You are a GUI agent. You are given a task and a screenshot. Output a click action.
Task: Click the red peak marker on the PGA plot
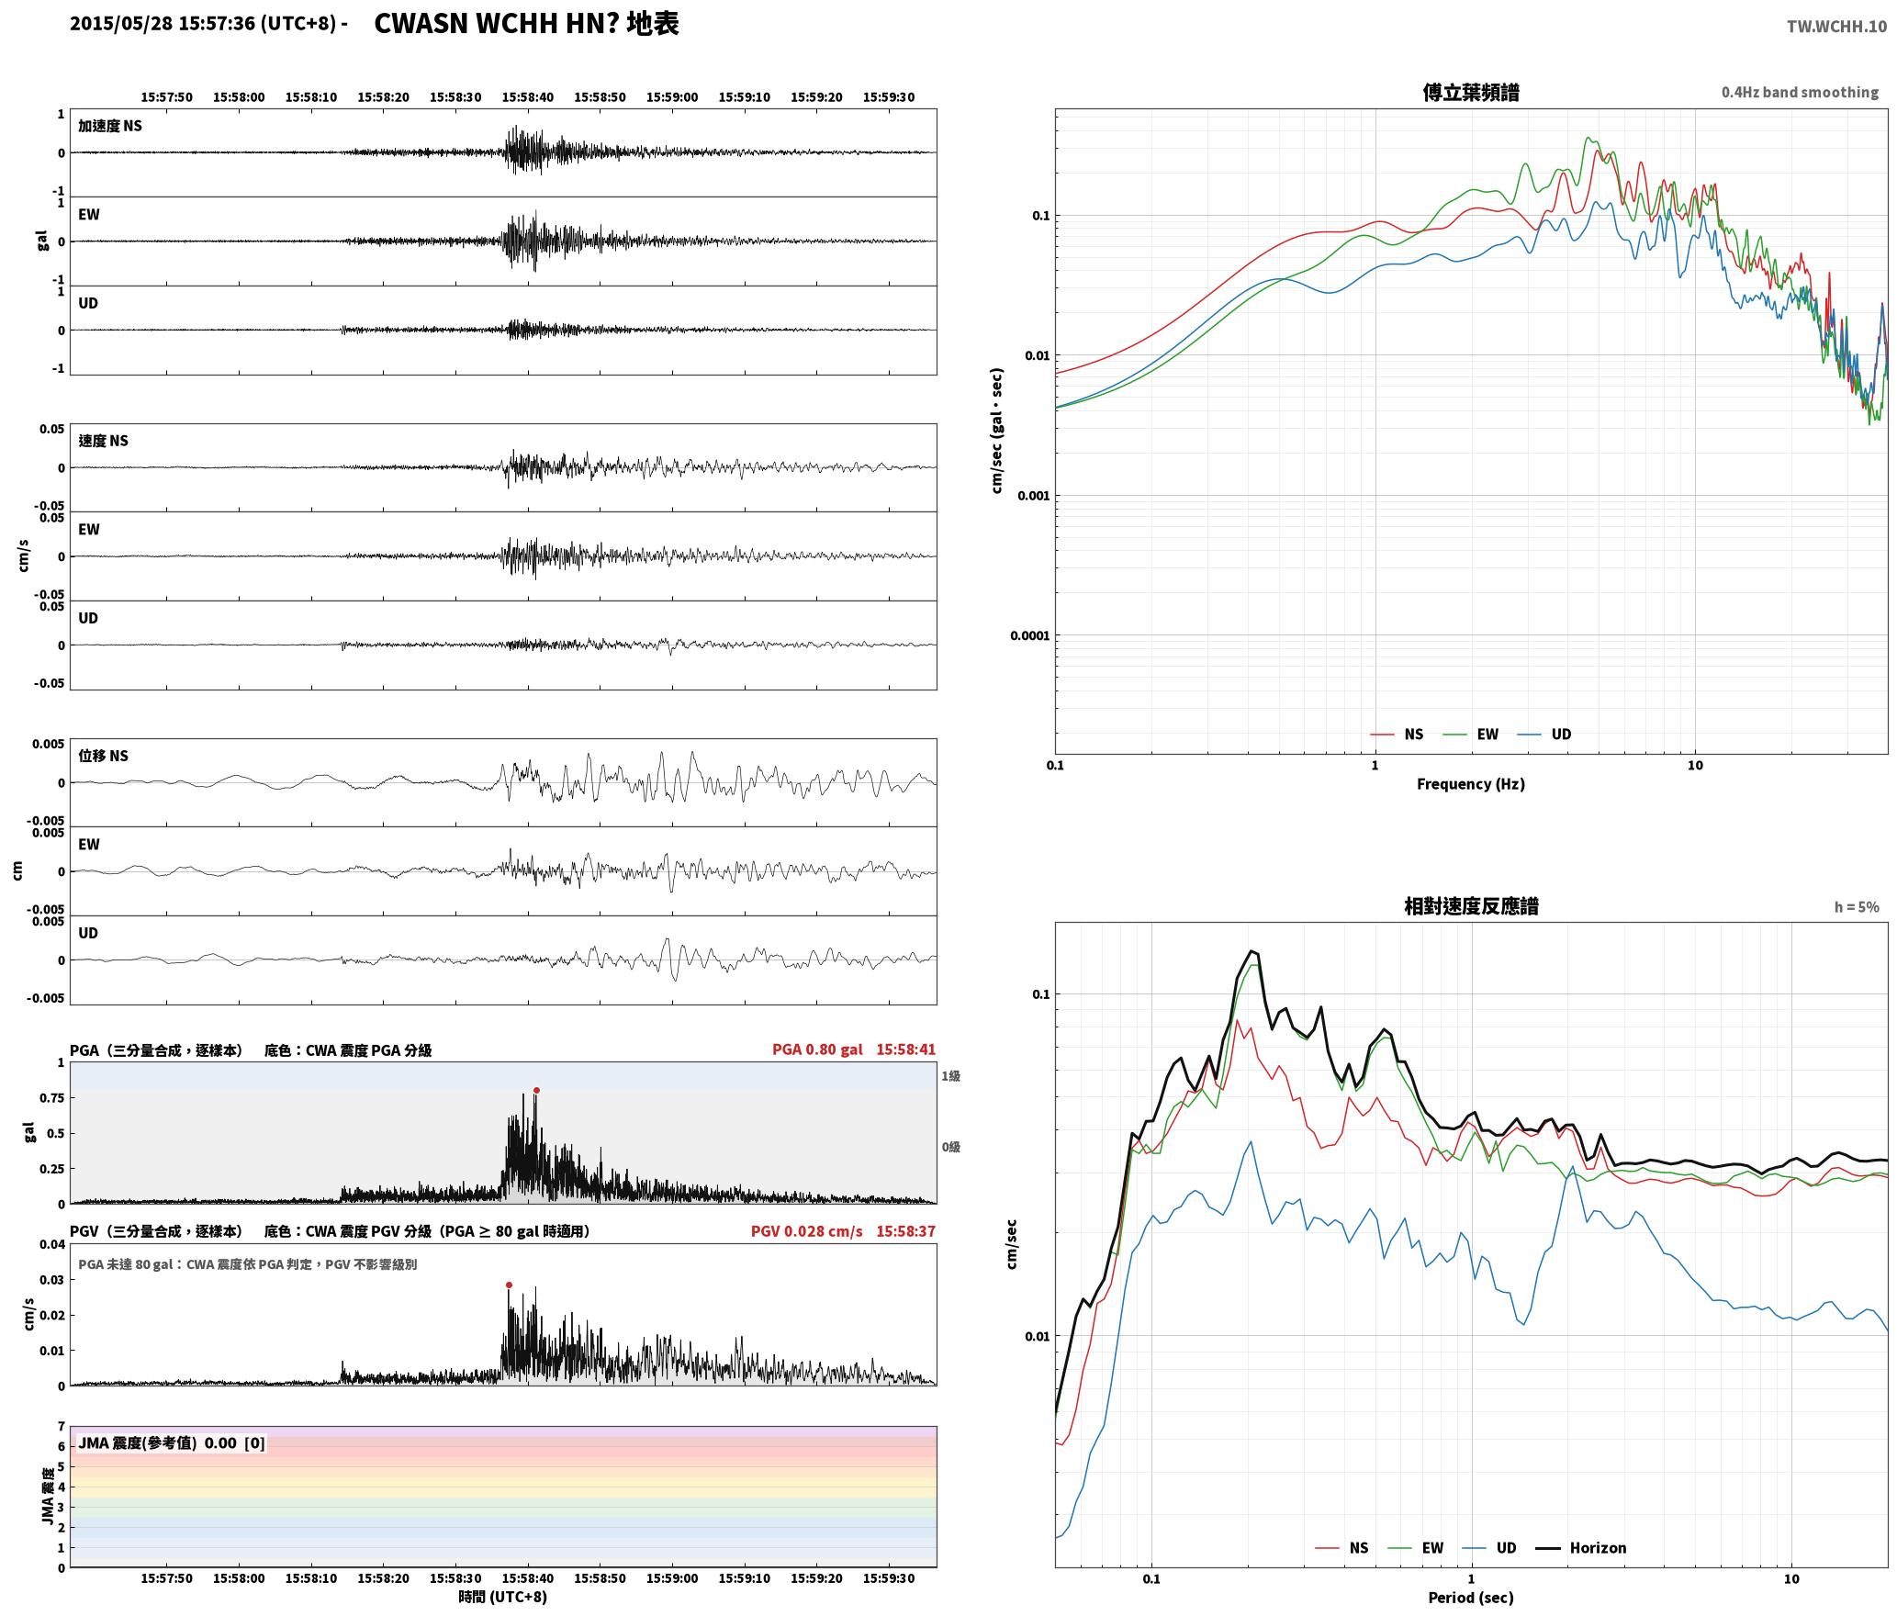(x=536, y=1091)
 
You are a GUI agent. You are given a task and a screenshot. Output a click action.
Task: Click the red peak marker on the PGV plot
(x=509, y=1285)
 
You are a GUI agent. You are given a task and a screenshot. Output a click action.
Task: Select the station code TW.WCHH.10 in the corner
(x=1836, y=27)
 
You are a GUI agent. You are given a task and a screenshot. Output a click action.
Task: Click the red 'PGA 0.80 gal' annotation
(x=817, y=1049)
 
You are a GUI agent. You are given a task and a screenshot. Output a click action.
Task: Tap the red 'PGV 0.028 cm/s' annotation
(x=806, y=1231)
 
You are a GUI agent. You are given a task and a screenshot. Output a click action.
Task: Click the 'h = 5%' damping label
(x=1857, y=907)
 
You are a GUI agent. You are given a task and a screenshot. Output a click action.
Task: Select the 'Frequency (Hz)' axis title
(x=1471, y=784)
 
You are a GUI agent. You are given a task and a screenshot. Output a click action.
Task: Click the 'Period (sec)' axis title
(x=1471, y=1599)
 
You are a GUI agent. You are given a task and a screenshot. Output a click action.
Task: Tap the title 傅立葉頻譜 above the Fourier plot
(x=1471, y=93)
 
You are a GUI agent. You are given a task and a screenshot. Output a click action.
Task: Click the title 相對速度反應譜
(x=1471, y=906)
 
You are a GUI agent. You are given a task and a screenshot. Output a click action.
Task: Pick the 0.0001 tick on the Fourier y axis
(x=1029, y=635)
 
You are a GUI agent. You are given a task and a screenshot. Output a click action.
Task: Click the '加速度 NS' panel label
(x=110, y=126)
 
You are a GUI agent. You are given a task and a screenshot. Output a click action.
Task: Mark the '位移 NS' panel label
(x=103, y=756)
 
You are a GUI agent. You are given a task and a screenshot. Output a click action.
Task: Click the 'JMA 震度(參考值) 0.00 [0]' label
(x=172, y=1443)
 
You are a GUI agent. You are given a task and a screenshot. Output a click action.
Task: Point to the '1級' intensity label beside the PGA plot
(x=950, y=1076)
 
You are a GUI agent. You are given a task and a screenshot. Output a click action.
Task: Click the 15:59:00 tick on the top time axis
(x=672, y=97)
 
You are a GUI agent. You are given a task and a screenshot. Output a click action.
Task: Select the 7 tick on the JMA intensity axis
(x=62, y=1427)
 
